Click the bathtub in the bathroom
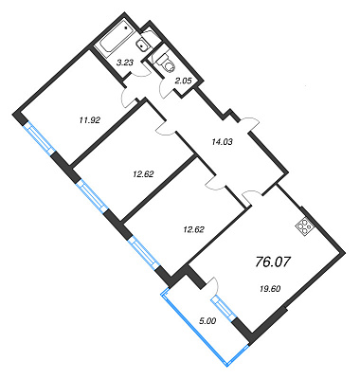click(x=116, y=40)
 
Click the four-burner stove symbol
click(x=304, y=226)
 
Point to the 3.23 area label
click(x=125, y=63)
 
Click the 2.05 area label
click(x=184, y=81)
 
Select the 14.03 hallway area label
click(x=222, y=142)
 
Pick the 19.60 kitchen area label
click(x=269, y=288)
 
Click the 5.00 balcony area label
click(x=207, y=321)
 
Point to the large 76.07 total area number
click(x=272, y=262)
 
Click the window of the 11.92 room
click(x=39, y=138)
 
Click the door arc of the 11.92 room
click(x=125, y=99)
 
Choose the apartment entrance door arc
click(x=249, y=122)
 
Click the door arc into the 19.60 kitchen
click(x=252, y=193)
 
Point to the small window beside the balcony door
click(x=224, y=307)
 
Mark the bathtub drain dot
click(x=127, y=27)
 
